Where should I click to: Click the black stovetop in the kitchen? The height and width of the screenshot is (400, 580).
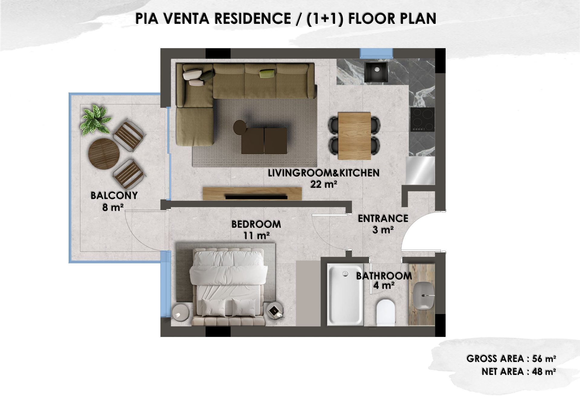[x=422, y=119]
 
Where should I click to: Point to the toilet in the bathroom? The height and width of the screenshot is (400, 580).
[x=386, y=312]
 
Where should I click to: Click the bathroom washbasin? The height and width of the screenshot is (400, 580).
[x=424, y=296]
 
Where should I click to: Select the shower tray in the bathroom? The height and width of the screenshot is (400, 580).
[x=345, y=294]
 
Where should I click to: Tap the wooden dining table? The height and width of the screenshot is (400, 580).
[x=354, y=136]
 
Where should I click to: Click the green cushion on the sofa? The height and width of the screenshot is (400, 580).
[x=267, y=73]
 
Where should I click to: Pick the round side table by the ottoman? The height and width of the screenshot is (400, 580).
[x=240, y=127]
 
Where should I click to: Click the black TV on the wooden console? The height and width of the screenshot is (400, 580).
[x=256, y=197]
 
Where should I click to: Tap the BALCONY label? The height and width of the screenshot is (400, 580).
[x=114, y=196]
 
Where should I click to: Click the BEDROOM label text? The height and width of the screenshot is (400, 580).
[x=256, y=224]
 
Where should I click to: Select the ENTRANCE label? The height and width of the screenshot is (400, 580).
[x=383, y=218]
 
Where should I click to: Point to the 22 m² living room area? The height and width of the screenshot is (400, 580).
[x=324, y=184]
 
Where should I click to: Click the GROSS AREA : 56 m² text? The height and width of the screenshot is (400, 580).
[x=511, y=359]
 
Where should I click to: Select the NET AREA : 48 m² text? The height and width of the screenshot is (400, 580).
[x=519, y=372]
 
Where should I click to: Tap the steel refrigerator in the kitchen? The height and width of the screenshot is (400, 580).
[x=420, y=171]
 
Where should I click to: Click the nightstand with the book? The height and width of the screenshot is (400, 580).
[x=275, y=311]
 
